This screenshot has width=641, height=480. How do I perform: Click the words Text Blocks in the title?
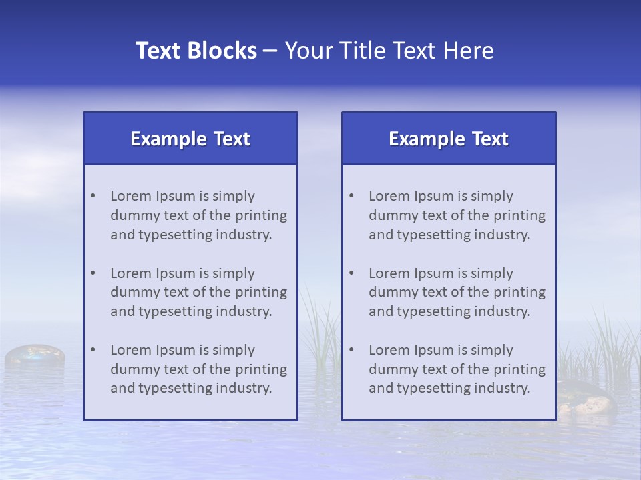(x=196, y=51)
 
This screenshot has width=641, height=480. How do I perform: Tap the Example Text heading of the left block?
(x=190, y=139)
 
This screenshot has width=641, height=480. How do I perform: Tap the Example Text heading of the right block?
(x=449, y=139)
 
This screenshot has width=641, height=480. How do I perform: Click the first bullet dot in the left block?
(x=93, y=196)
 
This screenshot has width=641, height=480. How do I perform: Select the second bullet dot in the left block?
(x=93, y=273)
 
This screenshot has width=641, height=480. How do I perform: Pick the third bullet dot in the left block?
(x=93, y=350)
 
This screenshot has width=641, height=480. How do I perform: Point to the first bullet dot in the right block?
(x=351, y=196)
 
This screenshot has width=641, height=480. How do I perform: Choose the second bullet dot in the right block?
(x=351, y=273)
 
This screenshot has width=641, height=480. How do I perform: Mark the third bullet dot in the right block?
(x=351, y=350)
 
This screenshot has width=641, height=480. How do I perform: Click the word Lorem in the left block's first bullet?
(x=131, y=196)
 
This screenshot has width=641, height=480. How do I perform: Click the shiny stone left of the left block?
(x=35, y=355)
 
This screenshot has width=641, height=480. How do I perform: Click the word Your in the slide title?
(x=308, y=51)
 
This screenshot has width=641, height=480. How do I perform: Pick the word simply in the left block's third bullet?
(x=234, y=350)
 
